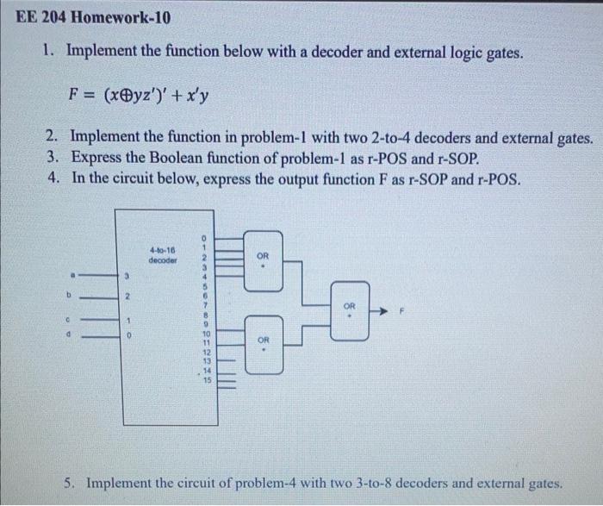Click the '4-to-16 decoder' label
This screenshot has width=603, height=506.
(x=162, y=254)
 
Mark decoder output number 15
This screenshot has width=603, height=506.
(x=205, y=380)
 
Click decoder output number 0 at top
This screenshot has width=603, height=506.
(x=205, y=237)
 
